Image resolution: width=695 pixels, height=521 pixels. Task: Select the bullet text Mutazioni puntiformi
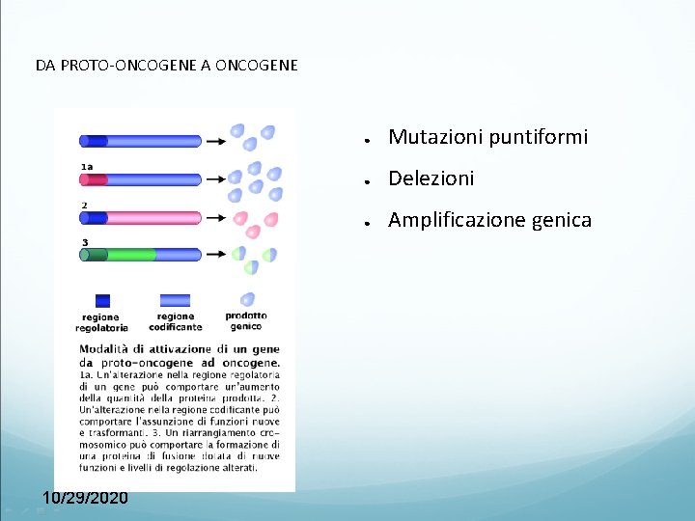[487, 138]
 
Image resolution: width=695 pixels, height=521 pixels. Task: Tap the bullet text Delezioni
[431, 179]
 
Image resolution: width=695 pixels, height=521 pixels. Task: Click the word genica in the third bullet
[557, 221]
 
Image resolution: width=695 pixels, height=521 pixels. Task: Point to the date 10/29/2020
[85, 497]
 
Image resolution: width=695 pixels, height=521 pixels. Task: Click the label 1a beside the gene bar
[87, 167]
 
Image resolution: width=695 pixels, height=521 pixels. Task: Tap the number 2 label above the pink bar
[84, 205]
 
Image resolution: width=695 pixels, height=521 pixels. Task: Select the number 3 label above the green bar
[85, 242]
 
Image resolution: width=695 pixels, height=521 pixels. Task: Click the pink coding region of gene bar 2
[154, 218]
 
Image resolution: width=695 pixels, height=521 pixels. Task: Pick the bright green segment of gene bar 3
[131, 256]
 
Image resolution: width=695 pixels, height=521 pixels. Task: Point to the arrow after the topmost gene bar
[216, 141]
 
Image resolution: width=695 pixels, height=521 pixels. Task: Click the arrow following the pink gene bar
[216, 218]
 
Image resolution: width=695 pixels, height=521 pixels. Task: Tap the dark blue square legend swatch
[102, 300]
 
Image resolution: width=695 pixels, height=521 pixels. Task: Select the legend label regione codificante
[174, 321]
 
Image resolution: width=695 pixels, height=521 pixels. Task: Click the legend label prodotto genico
[246, 320]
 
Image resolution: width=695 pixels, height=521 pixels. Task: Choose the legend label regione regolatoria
[102, 322]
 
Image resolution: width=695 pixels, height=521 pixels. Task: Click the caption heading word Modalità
[105, 348]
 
